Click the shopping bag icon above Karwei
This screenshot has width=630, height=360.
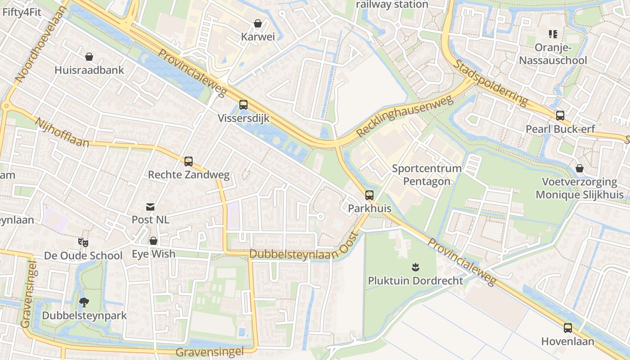tap(258, 23)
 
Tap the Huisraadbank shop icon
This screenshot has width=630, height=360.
tap(89, 57)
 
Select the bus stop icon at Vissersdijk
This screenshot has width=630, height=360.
tap(243, 105)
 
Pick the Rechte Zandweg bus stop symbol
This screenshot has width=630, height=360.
tap(189, 161)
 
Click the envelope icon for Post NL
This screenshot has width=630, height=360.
tap(150, 207)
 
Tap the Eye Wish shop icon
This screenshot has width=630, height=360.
tap(153, 241)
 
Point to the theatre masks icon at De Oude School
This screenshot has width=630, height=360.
tap(83, 243)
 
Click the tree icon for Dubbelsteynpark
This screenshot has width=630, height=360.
tap(84, 302)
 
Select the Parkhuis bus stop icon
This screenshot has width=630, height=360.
tap(369, 195)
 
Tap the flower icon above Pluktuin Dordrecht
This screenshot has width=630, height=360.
tap(415, 267)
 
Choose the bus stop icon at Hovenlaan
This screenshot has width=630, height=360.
tap(568, 328)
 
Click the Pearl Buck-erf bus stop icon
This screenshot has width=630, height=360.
tap(560, 116)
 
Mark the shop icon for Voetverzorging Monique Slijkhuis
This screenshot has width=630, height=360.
tap(580, 168)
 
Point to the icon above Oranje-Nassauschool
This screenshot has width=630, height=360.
tap(553, 34)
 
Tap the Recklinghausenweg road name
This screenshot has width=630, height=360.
tap(405, 116)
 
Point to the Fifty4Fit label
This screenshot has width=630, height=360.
tap(22, 12)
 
